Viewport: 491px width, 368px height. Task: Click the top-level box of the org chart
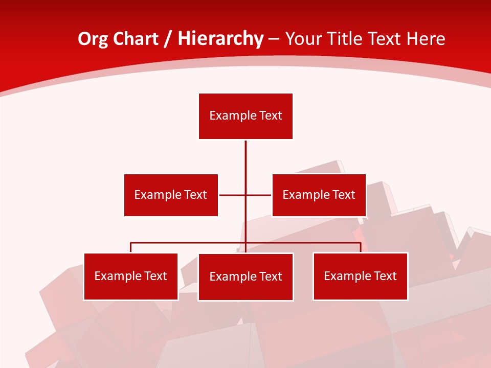click(x=245, y=116)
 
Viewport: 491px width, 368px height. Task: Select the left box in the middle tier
click(x=171, y=195)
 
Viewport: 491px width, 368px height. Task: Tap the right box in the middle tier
click(x=319, y=195)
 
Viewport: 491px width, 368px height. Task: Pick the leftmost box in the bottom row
click(x=131, y=276)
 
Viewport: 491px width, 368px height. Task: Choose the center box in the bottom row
click(x=245, y=277)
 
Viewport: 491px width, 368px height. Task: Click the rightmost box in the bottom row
click(x=360, y=276)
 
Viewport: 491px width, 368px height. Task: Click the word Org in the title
click(x=93, y=39)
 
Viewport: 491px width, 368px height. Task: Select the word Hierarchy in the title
click(x=220, y=39)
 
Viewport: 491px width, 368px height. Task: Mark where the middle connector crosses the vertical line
click(x=245, y=195)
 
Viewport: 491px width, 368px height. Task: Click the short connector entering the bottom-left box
click(x=131, y=247)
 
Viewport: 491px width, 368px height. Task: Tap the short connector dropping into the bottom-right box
click(x=361, y=247)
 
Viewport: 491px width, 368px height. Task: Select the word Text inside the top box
click(x=271, y=116)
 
